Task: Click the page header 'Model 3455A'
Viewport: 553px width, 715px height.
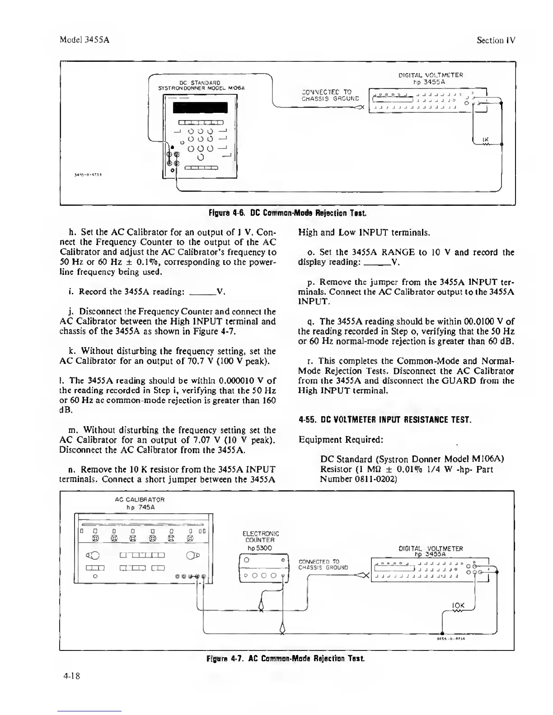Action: click(85, 40)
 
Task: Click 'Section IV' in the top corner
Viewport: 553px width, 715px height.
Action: click(496, 40)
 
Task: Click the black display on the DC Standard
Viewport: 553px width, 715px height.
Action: click(200, 108)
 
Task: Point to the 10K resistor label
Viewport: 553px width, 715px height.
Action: click(458, 605)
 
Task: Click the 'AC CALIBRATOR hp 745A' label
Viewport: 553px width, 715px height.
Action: click(140, 503)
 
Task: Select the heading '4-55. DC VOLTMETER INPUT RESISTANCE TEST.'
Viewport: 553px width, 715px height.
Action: click(385, 420)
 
